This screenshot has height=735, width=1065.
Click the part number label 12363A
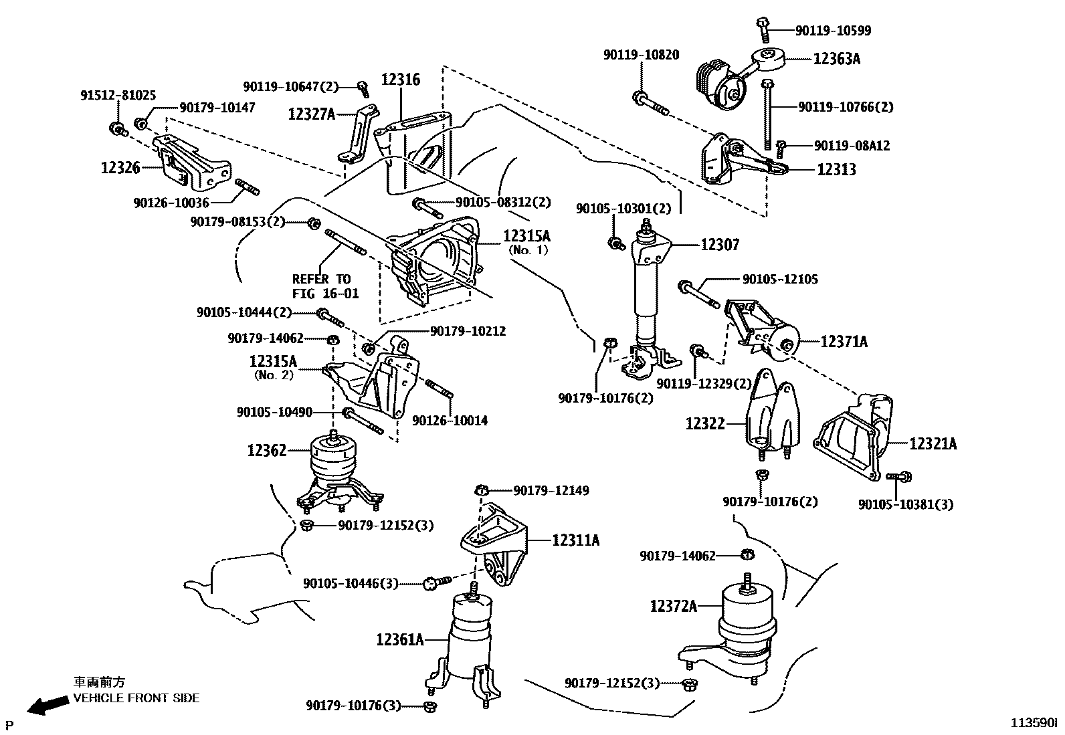click(x=836, y=59)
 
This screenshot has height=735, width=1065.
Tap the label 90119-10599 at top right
click(x=833, y=31)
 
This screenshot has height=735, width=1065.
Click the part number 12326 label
click(x=120, y=168)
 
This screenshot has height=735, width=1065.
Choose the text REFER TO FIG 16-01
click(x=325, y=286)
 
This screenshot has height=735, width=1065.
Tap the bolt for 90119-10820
click(x=649, y=103)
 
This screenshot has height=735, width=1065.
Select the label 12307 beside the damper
click(x=720, y=245)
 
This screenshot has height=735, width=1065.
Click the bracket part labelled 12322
click(x=769, y=415)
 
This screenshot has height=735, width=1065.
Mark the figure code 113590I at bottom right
click(x=1033, y=723)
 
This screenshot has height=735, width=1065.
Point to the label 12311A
click(x=575, y=540)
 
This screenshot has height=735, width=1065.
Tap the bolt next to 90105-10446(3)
click(x=431, y=584)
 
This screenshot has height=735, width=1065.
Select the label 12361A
click(x=400, y=640)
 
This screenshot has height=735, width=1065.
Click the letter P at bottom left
click(x=9, y=724)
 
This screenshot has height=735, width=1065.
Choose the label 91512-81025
click(x=118, y=96)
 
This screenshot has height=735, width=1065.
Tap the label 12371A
click(x=844, y=342)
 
